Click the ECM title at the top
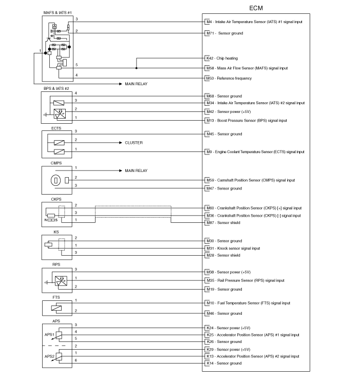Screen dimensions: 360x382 [x=256, y=8]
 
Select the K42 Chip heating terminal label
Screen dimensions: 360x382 [x=222, y=58]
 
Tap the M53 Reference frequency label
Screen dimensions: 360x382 [x=229, y=78]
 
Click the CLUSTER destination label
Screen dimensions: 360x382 [x=134, y=143]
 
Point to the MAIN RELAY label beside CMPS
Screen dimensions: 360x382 [x=136, y=171]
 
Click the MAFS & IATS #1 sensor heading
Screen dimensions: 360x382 [x=58, y=13]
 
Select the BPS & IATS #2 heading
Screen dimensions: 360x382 [x=56, y=88]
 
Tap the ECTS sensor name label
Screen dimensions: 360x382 [x=56, y=128]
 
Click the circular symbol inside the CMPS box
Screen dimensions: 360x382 [x=55, y=181]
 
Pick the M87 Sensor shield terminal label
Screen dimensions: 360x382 [x=223, y=223]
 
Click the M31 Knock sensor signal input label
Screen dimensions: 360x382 [x=233, y=249]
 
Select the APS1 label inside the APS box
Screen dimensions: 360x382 [x=49, y=335]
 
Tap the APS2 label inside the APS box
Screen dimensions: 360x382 [x=49, y=356]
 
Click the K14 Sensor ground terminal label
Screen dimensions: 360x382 [x=224, y=363]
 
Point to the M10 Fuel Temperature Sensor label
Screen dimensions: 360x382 [x=249, y=303]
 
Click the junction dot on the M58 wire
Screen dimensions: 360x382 [x=136, y=68]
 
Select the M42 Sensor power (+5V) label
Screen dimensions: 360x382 [x=229, y=111]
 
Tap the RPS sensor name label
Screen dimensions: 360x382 [x=56, y=264]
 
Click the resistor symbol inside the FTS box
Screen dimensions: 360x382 [x=56, y=308]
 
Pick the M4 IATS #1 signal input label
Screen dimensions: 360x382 [x=254, y=22]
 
